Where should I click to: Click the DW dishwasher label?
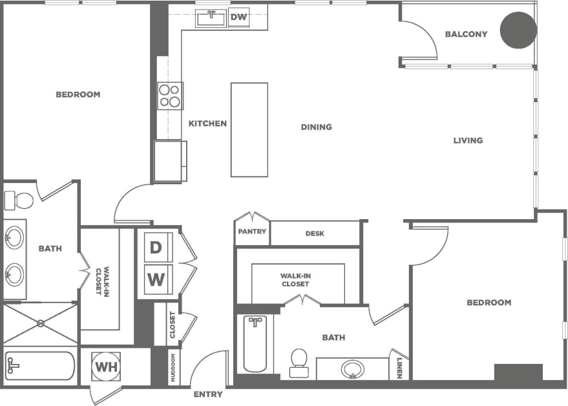(238, 17)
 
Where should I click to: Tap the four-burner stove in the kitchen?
(170, 96)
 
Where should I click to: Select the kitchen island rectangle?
(249, 129)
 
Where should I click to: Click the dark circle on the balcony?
(519, 30)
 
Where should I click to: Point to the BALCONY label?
(466, 34)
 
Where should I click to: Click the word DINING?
(316, 127)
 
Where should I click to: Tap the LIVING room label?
(467, 140)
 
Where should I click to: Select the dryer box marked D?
(156, 246)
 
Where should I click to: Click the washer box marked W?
(156, 280)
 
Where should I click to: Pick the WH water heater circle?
(105, 367)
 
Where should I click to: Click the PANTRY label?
(252, 231)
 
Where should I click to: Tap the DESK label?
(315, 234)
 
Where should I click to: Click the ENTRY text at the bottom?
(208, 394)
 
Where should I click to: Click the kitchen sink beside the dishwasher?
(211, 17)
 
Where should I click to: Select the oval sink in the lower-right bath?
(352, 369)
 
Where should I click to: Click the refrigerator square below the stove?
(169, 161)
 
